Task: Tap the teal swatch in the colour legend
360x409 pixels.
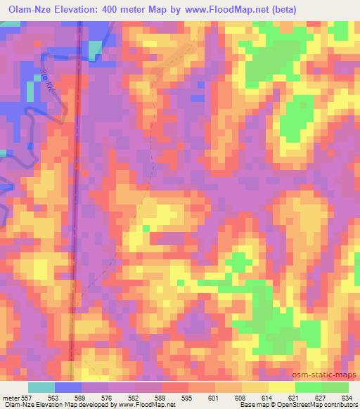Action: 42,387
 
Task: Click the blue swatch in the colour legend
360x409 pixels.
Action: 69,387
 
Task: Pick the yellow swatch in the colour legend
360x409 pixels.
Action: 281,387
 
